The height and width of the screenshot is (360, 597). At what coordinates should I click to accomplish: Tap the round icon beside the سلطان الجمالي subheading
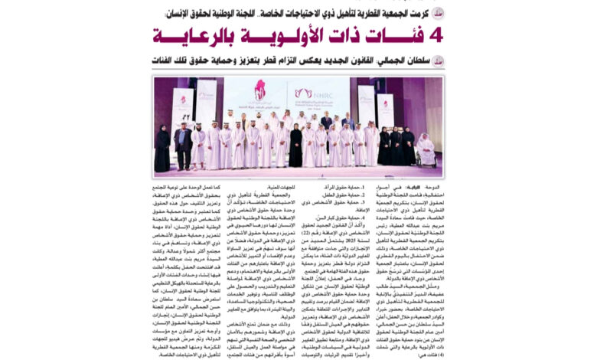point(437,61)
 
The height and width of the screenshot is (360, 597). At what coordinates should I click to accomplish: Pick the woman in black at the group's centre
point(295,146)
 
